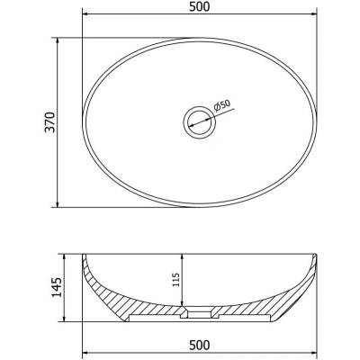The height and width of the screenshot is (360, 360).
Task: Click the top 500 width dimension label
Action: [200, 6]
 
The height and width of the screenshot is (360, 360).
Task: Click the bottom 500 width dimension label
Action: [200, 345]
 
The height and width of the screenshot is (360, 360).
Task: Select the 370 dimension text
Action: [49, 122]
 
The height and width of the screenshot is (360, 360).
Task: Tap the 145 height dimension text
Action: [57, 287]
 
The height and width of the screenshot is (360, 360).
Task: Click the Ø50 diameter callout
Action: [222, 105]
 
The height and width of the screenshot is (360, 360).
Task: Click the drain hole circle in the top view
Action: [199, 122]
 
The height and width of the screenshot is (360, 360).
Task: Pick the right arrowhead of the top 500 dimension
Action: [313, 13]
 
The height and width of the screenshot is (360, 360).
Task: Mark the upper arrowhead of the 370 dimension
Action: [58, 41]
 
